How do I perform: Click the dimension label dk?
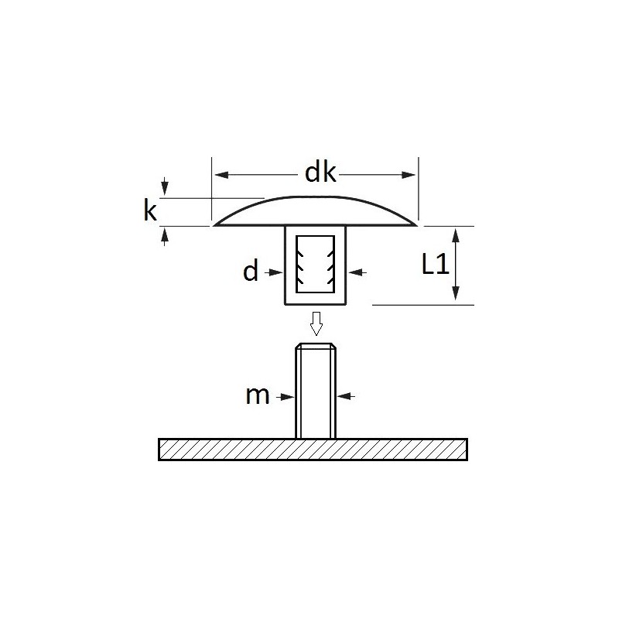coord(320,173)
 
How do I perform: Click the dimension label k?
coord(150,210)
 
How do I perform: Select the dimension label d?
coord(250,271)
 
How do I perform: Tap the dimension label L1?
coord(436,264)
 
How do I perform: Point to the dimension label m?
coord(258,395)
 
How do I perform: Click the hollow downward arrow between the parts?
coord(316,323)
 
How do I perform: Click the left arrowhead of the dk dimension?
coord(222,175)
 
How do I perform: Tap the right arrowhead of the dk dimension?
coord(409,175)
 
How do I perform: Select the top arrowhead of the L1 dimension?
coord(456,235)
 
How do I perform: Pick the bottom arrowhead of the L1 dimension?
coord(456,293)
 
